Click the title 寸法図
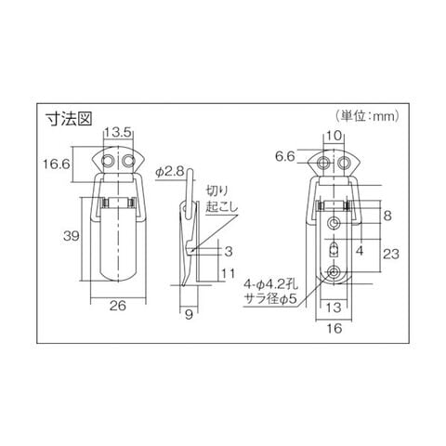pos(69,119)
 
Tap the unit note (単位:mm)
pos(368,116)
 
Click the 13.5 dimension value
pos(118,133)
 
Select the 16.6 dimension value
pos(57,164)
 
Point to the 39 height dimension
pos(72,236)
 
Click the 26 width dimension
pos(118,306)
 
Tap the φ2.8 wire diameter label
pos(170,172)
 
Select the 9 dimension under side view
pos(189,315)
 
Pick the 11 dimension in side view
pos(228,273)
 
